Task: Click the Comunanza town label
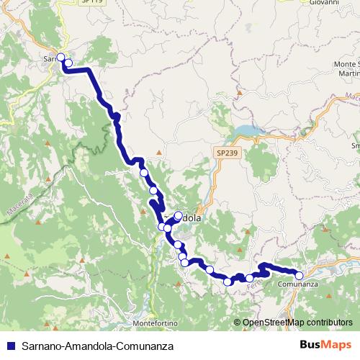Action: tap(298, 284)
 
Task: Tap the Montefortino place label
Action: tap(150, 323)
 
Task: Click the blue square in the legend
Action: tap(10, 345)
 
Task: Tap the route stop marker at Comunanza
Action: tap(300, 274)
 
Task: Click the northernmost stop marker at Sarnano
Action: tap(60, 57)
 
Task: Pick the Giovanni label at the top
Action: tap(325, 3)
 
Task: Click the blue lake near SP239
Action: tap(246, 131)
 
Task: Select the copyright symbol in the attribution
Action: tap(238, 323)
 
